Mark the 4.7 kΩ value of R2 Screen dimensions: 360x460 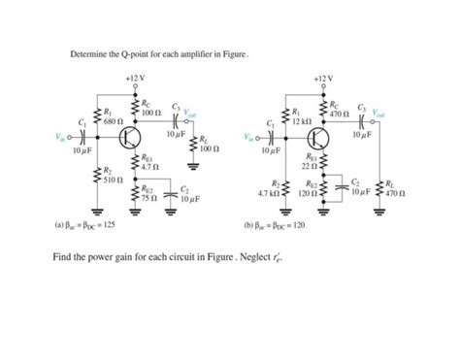pos(269,195)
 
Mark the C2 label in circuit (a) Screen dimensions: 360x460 pos(183,188)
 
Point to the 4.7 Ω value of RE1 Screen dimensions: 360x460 pos(148,168)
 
